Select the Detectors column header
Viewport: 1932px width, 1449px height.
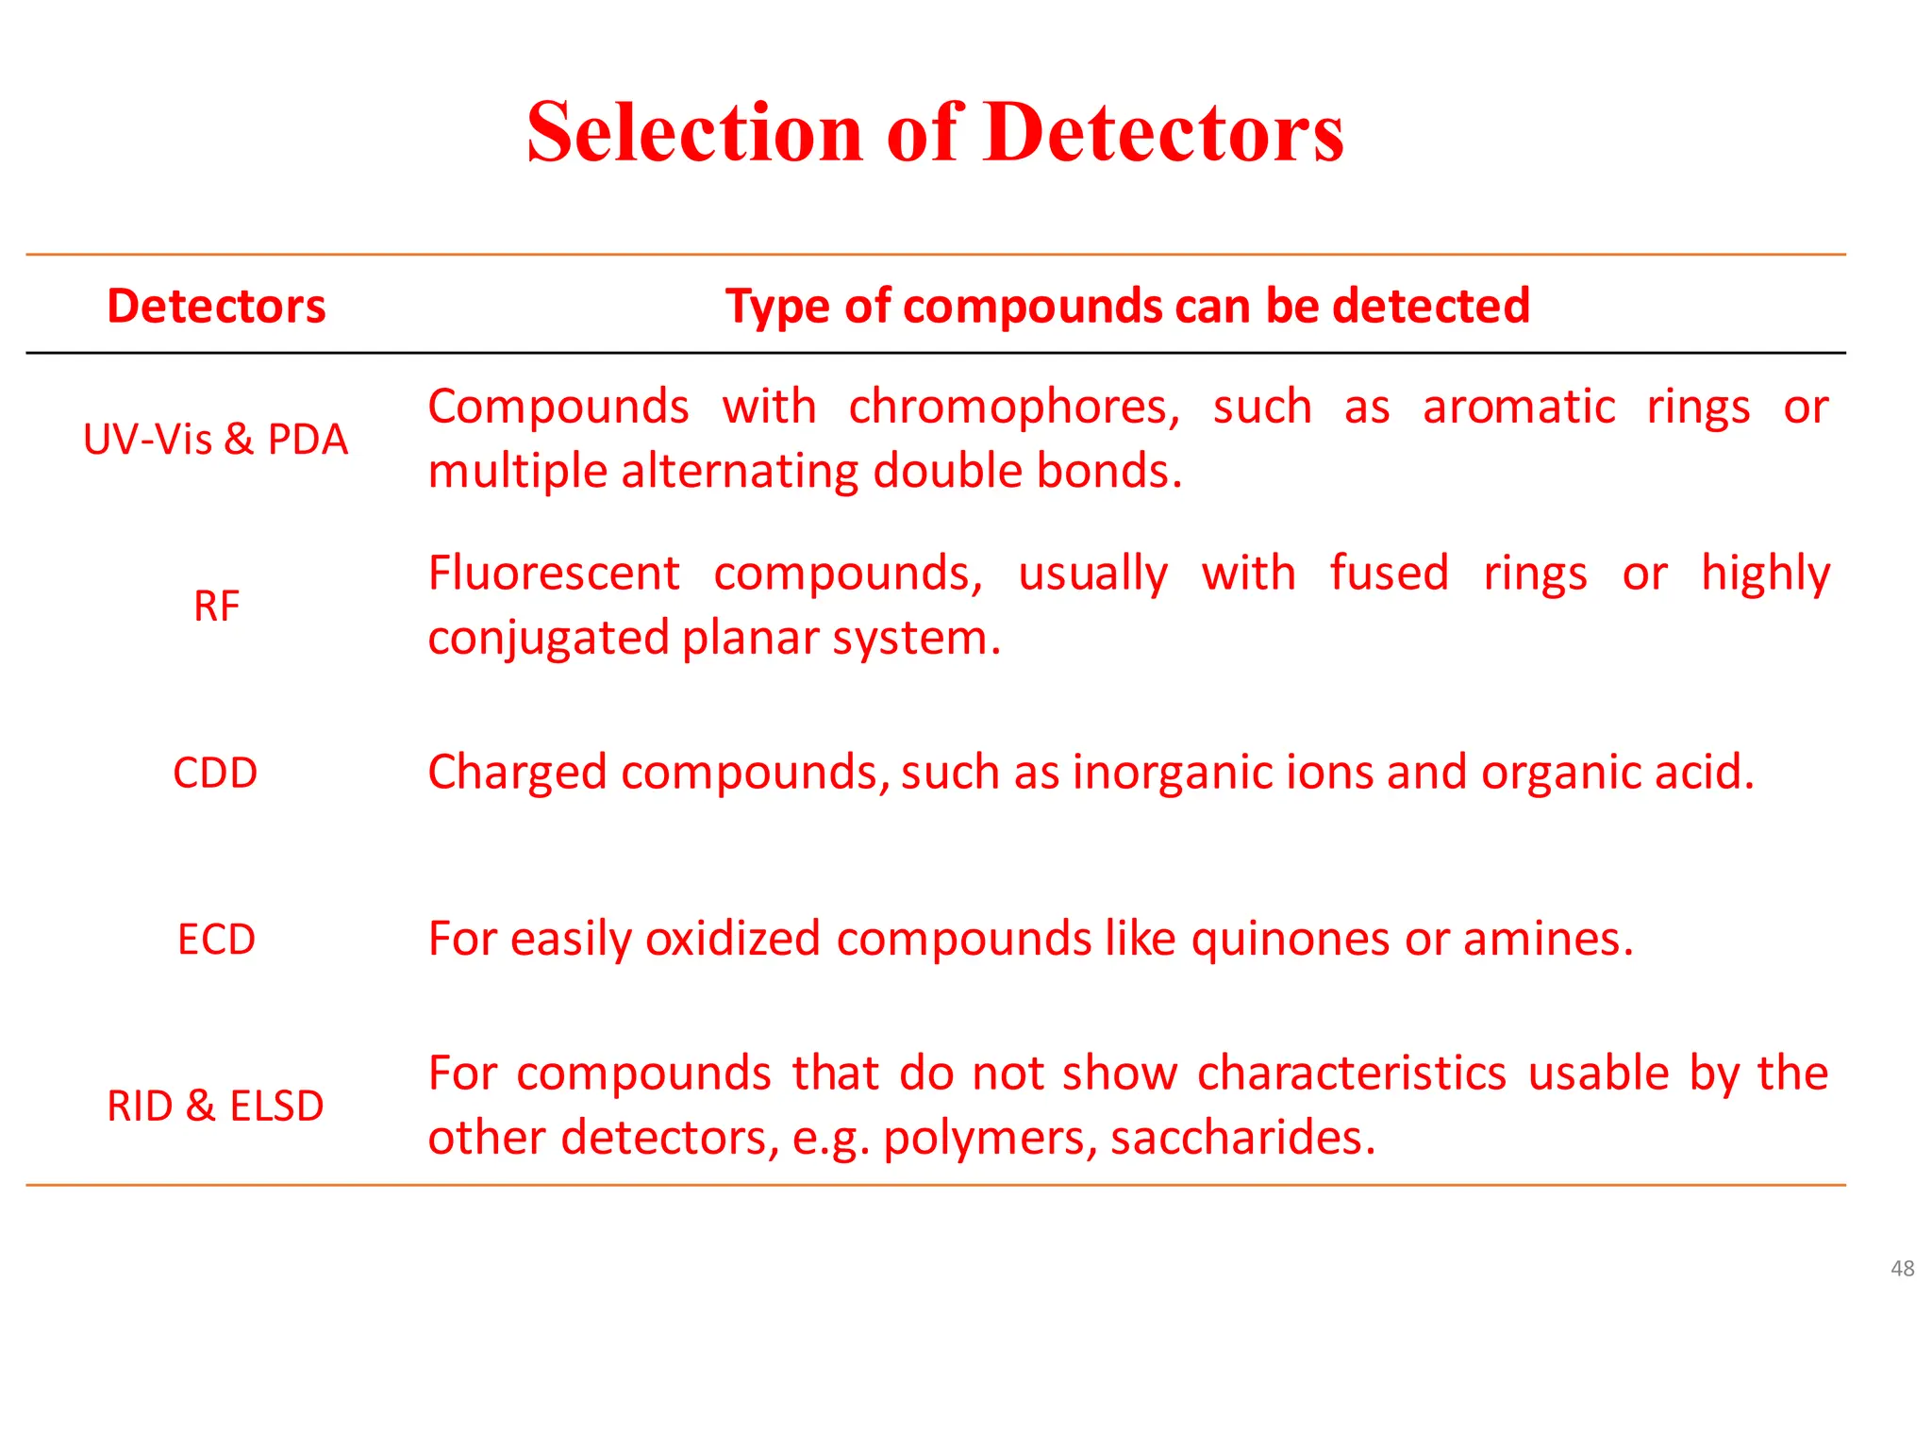click(216, 307)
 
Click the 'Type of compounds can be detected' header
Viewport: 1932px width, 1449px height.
click(1127, 307)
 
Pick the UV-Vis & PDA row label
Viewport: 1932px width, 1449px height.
click(216, 440)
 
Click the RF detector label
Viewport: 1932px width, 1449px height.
click(216, 607)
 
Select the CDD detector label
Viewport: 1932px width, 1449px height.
click(215, 774)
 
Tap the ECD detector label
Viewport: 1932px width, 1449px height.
click(216, 940)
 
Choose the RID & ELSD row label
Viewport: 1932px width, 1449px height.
click(215, 1107)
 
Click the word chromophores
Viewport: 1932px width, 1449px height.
click(1014, 408)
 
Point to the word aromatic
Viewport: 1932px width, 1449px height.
click(1519, 408)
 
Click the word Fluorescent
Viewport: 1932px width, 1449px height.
click(554, 574)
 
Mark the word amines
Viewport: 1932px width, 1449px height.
click(1547, 940)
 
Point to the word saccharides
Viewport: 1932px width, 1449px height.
click(1243, 1138)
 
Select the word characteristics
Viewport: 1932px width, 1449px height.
click(1352, 1074)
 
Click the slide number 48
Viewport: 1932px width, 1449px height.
click(1902, 1269)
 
